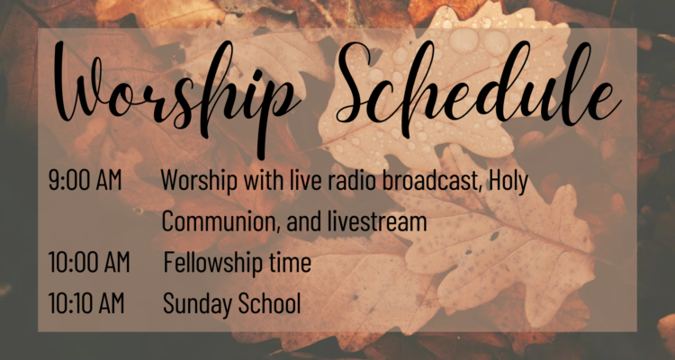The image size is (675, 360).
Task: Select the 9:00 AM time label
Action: [x=85, y=181]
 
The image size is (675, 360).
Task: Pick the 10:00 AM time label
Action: [x=89, y=262]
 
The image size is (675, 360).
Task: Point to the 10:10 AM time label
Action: [x=86, y=303]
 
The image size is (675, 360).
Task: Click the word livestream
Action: [x=377, y=221]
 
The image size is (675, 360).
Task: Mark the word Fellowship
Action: [x=212, y=264]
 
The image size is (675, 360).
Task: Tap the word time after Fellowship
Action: [x=290, y=262]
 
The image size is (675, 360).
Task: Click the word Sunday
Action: [x=198, y=304]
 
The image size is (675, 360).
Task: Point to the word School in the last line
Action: [x=269, y=303]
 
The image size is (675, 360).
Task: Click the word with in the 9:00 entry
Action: [x=263, y=181]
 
